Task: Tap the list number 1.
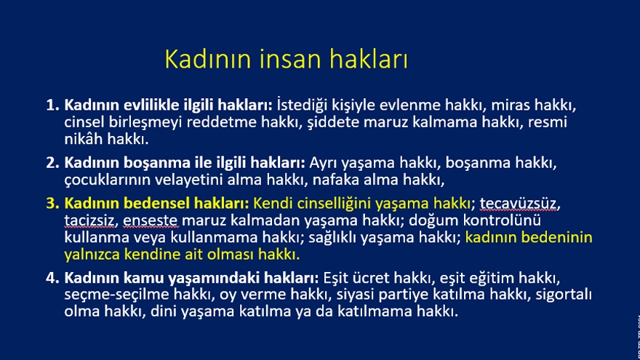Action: (x=52, y=105)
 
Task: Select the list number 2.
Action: (x=52, y=163)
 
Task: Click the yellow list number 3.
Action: (x=52, y=203)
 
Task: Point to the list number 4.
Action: (x=52, y=278)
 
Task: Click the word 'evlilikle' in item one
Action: (x=151, y=105)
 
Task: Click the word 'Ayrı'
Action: (x=323, y=163)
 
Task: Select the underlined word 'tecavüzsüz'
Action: (x=518, y=203)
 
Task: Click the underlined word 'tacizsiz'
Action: (x=89, y=220)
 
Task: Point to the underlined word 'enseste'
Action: (x=151, y=220)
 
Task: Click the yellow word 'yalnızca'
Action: (x=92, y=255)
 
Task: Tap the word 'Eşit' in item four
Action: (x=336, y=278)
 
